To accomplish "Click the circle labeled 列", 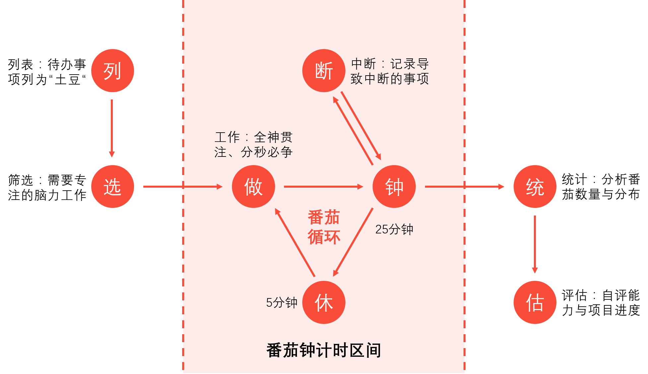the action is click(112, 71).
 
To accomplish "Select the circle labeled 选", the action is click(112, 186).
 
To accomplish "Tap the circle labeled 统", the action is click(535, 186).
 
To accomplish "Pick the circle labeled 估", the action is click(535, 302).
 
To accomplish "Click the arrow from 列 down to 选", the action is click(112, 128).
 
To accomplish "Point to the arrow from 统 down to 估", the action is click(535, 244).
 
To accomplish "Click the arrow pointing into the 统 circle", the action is click(485, 187).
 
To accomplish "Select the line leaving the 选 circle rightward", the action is click(163, 187).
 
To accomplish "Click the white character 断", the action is click(324, 71).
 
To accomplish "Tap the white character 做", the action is click(253, 187).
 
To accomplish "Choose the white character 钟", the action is click(394, 187).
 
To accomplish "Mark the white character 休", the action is click(324, 303).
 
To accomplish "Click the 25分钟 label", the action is click(394, 229).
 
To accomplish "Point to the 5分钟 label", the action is click(282, 302).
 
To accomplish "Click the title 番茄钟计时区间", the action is click(324, 350).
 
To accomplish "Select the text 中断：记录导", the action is click(390, 64).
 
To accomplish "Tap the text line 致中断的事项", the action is click(390, 79).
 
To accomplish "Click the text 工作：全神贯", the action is click(253, 137).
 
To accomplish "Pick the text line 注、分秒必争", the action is click(253, 152).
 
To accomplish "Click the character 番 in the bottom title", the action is click(274, 350).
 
